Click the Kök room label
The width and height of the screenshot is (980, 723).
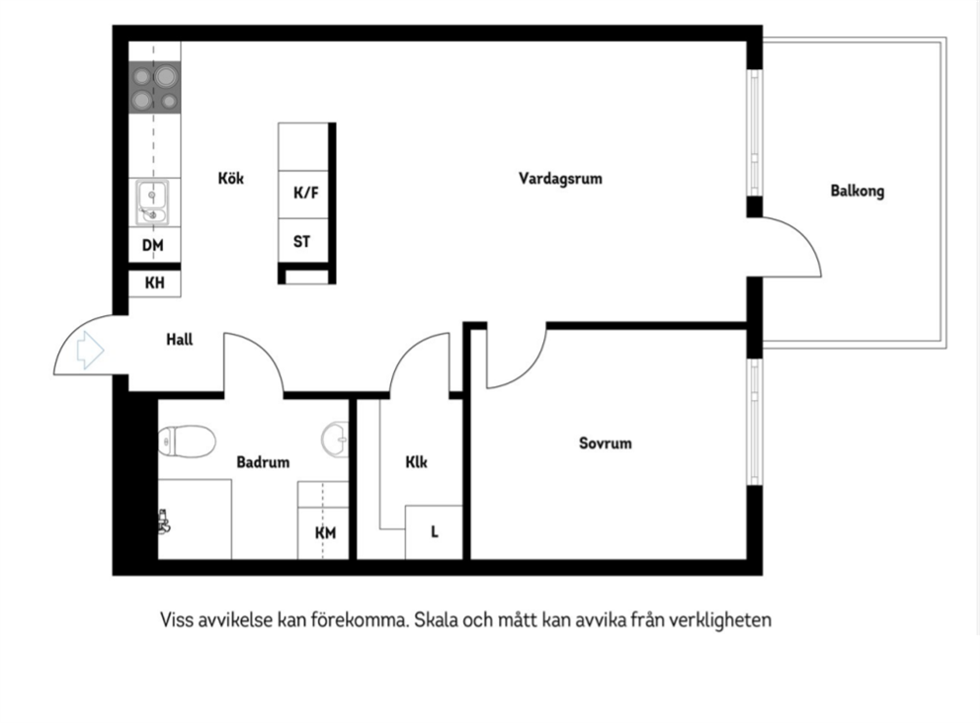pyautogui.click(x=230, y=178)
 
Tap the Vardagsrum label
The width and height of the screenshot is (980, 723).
pyautogui.click(x=560, y=179)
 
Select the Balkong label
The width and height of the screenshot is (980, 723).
pyautogui.click(x=857, y=192)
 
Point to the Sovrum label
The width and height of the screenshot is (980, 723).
pyautogui.click(x=605, y=443)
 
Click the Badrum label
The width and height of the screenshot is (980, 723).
pyautogui.click(x=263, y=462)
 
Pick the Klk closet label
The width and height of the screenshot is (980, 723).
pyautogui.click(x=416, y=462)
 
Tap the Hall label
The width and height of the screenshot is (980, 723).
pyautogui.click(x=180, y=340)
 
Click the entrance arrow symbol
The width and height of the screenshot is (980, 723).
pyautogui.click(x=89, y=350)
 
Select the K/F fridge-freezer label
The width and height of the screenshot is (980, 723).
pyautogui.click(x=305, y=193)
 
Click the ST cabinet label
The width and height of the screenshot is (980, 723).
pyautogui.click(x=301, y=241)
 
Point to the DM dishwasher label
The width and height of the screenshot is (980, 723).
pyautogui.click(x=152, y=246)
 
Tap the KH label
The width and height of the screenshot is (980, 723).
pyautogui.click(x=154, y=283)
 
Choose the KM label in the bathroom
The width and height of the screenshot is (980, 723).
pyautogui.click(x=325, y=533)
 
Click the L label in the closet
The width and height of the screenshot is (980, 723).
pyautogui.click(x=435, y=531)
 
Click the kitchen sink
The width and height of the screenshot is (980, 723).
pyautogui.click(x=152, y=202)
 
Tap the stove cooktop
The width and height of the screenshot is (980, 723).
pyautogui.click(x=154, y=88)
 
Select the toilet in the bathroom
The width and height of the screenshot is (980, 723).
pyautogui.click(x=187, y=442)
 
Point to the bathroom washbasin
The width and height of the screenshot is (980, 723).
pyautogui.click(x=335, y=440)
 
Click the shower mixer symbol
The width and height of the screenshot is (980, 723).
pyautogui.click(x=164, y=522)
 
